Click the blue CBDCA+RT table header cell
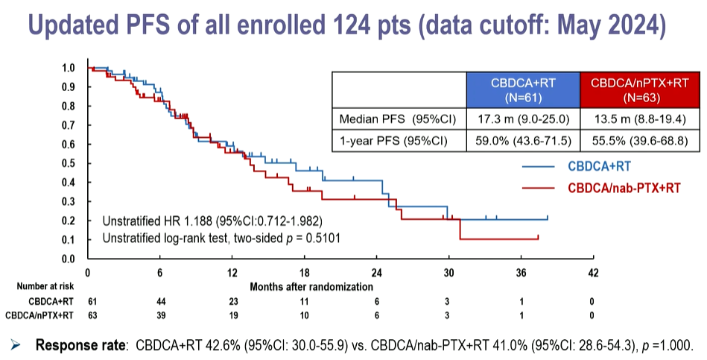coord(522,89)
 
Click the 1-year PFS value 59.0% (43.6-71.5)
coord(522,139)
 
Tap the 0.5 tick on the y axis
coord(69,163)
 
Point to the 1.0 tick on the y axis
coord(69,68)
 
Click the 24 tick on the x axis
coord(377,273)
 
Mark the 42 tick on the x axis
coord(594,273)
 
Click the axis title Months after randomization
coord(311,286)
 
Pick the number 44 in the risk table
coord(160,300)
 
